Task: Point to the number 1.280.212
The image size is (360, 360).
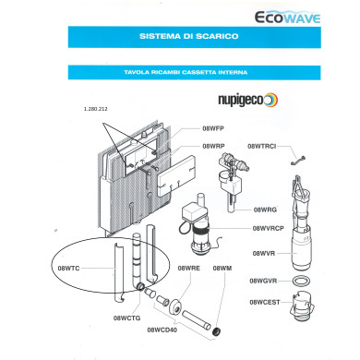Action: pos(96,110)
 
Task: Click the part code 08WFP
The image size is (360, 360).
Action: pos(214,130)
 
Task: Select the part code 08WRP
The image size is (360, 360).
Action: pos(214,146)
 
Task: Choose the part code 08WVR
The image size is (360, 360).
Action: pos(264,252)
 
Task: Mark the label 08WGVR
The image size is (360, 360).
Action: pos(266,280)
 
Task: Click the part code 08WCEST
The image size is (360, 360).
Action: pos(265,301)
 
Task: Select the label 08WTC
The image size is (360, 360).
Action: pos(69,268)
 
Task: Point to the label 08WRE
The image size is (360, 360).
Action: pos(188,268)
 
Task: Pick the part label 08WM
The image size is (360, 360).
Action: pos(222,268)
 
